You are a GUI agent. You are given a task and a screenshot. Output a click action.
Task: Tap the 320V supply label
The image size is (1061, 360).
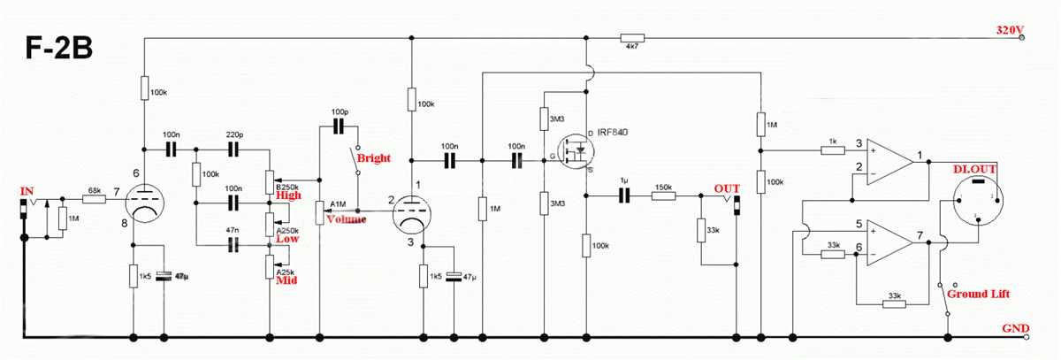pos(1009,30)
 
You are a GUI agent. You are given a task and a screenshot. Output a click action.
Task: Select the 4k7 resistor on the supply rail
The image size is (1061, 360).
pos(632,38)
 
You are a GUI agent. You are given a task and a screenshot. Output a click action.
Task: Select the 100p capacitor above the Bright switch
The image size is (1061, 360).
pos(340,126)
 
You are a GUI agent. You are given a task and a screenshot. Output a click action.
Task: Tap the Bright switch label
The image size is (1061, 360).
pos(372,158)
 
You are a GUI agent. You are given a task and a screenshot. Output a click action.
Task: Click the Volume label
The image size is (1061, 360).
pos(346,218)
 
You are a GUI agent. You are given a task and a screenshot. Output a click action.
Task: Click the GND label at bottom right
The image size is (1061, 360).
pos(1014,328)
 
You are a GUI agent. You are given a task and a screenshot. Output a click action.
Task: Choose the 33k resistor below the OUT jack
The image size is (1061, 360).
pos(701,231)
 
